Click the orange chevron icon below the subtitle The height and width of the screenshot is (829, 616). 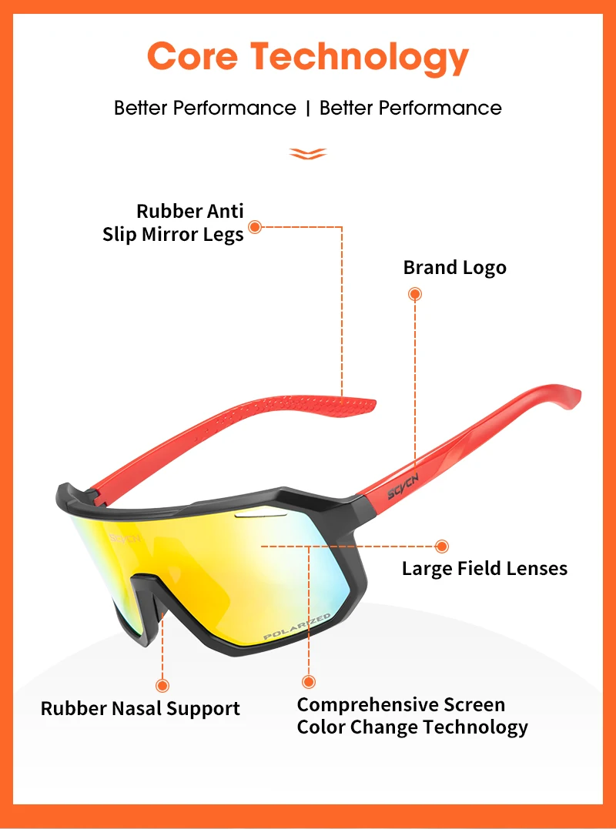click(x=308, y=154)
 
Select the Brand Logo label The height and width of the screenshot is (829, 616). click(x=454, y=268)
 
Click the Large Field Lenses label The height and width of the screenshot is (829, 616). click(x=484, y=569)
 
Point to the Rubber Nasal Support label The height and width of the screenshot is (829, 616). click(x=140, y=708)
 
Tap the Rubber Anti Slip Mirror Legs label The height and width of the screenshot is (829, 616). click(x=173, y=222)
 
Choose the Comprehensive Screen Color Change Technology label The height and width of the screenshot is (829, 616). click(x=412, y=716)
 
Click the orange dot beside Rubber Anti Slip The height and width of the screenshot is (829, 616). click(x=256, y=226)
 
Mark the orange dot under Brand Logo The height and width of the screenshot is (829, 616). click(x=415, y=293)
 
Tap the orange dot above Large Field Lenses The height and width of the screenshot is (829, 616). click(x=441, y=547)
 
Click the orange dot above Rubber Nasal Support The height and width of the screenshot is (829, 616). click(x=162, y=684)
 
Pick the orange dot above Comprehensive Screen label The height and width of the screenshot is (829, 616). click(x=309, y=681)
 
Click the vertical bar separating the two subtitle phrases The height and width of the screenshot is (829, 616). click(x=308, y=108)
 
